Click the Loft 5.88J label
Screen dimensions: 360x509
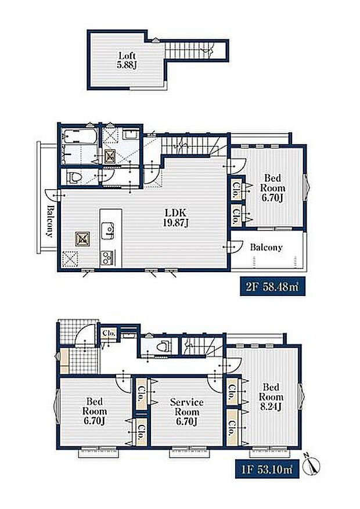tap(126, 60)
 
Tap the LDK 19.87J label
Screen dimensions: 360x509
tap(175, 218)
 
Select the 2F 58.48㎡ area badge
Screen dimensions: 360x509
tap(273, 287)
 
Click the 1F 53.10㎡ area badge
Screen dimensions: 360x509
tap(267, 469)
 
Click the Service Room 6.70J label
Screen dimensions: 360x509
tap(187, 411)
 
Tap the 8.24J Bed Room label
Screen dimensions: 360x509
tap(271, 396)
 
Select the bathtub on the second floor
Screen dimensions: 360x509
tap(79, 138)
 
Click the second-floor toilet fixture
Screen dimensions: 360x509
tap(74, 178)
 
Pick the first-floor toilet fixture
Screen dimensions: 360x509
tap(163, 346)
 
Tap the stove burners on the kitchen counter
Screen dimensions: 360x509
tap(107, 258)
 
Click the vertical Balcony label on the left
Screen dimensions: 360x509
tap(50, 221)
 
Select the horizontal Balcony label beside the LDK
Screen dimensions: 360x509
tap(266, 247)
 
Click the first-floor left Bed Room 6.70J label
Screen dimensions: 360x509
tap(95, 411)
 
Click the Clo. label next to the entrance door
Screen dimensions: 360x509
tap(109, 333)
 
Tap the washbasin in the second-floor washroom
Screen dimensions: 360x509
tap(131, 135)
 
